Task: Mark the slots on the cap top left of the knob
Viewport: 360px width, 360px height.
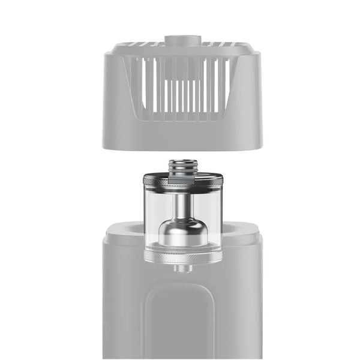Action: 144,45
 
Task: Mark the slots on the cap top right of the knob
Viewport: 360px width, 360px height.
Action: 219,45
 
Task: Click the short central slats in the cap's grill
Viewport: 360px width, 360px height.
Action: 182,96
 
